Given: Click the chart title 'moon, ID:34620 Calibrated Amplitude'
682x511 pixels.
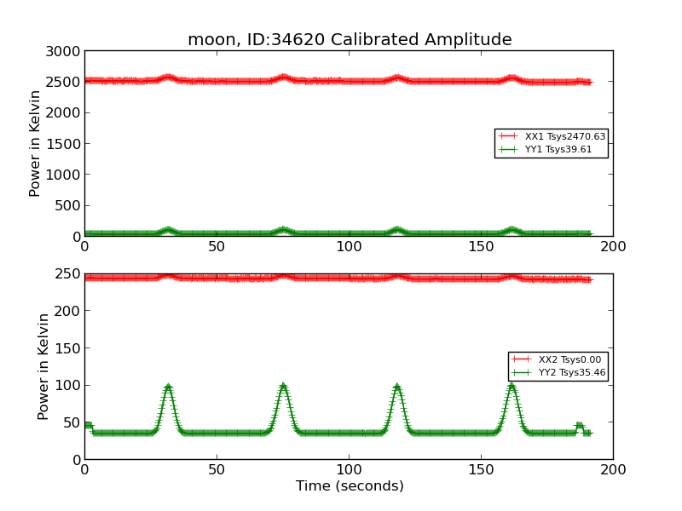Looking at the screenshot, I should point(350,40).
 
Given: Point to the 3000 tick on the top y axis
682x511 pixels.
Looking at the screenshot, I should point(64,51).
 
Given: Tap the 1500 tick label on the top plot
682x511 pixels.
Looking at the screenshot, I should point(64,144).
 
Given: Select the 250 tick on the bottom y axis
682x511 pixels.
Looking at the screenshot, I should point(68,274).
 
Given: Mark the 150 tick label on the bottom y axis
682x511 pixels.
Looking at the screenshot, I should point(68,348).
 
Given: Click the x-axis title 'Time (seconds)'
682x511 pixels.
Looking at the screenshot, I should point(350,486).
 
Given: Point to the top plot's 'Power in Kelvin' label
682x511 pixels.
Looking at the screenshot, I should point(35,144).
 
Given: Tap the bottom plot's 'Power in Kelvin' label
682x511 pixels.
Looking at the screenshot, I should point(43,366).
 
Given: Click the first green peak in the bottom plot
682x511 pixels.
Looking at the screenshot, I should point(168,387).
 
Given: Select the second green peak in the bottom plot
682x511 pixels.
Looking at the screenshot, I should point(283,387).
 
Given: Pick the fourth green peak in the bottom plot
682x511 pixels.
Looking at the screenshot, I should point(511,387).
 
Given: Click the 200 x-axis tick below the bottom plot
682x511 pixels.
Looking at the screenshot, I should point(613,468).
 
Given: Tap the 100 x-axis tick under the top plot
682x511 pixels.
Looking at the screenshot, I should point(349,246).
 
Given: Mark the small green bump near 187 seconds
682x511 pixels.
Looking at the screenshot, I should point(579,425).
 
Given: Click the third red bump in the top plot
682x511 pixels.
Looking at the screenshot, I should point(397,78).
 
